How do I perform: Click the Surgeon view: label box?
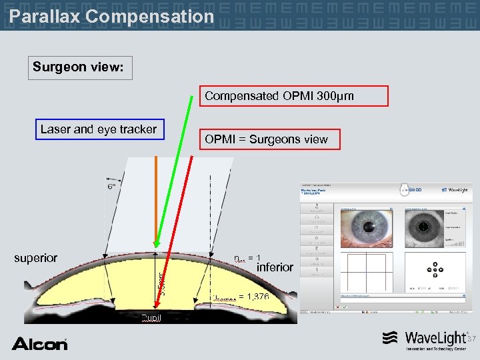(80, 67)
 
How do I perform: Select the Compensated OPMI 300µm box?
(294, 96)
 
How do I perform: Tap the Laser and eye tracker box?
(98, 129)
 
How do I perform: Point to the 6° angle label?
(113, 187)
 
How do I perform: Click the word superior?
(36, 258)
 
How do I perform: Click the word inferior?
(275, 267)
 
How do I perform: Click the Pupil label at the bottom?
(151, 317)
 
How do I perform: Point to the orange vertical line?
(156, 200)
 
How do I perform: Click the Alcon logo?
(39, 343)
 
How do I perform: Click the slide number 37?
(472, 339)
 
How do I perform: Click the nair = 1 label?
(247, 258)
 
